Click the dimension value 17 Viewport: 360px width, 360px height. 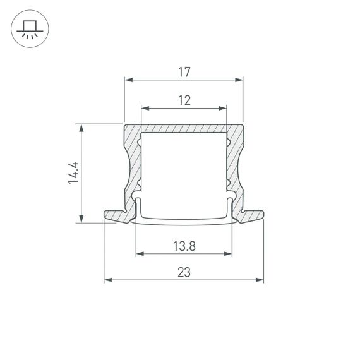click(x=184, y=73)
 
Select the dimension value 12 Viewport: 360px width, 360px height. click(x=184, y=100)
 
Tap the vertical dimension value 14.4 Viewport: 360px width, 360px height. click(x=73, y=172)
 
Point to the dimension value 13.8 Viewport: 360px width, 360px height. click(x=184, y=246)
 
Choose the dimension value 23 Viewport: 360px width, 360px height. click(x=184, y=272)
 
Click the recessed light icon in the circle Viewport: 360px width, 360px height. click(x=29, y=29)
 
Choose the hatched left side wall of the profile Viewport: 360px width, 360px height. click(x=133, y=164)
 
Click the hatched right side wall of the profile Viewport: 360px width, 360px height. click(x=234, y=164)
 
